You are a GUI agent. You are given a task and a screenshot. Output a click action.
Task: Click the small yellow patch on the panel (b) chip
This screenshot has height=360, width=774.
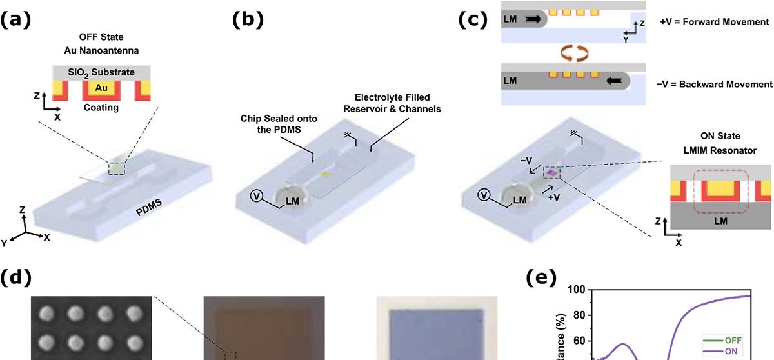click(x=326, y=174)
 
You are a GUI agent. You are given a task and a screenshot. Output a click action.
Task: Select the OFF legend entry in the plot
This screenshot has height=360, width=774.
click(x=732, y=341)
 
